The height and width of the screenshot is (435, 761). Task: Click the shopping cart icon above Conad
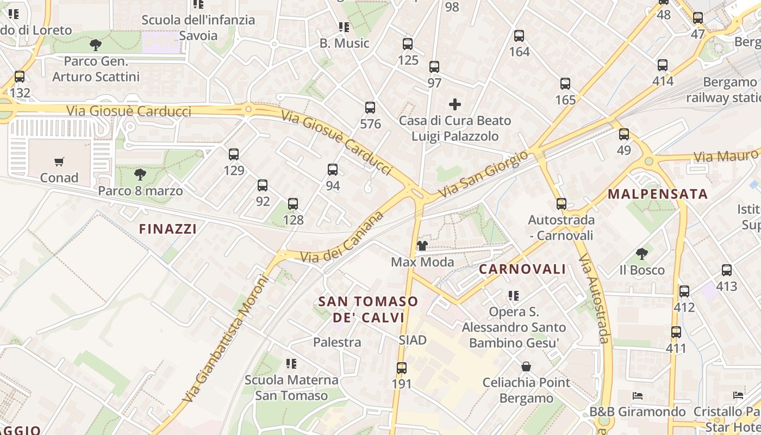coord(59,161)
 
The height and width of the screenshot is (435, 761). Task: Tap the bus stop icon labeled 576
coord(370,108)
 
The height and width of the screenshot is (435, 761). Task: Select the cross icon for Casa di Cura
coord(455,104)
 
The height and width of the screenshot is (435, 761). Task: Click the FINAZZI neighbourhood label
coord(168,229)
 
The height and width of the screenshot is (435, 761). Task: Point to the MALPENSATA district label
coord(658,194)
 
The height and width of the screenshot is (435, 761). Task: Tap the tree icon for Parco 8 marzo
coord(140,175)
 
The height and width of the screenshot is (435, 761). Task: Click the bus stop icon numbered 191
coord(402,368)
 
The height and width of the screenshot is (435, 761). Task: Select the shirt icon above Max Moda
coord(422,246)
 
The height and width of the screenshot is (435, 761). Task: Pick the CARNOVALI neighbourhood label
coord(522,269)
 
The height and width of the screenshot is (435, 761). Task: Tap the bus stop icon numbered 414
coord(663,65)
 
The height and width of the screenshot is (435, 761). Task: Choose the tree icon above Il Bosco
coord(642,253)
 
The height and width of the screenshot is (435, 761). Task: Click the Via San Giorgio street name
coord(483,174)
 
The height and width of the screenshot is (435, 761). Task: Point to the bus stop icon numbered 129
coord(234,154)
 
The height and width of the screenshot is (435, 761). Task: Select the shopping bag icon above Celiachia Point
coord(526,366)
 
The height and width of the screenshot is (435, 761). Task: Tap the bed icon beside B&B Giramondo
coord(638,395)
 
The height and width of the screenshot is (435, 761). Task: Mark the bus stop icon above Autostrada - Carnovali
coord(562,204)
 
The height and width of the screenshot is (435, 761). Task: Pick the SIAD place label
coord(413,340)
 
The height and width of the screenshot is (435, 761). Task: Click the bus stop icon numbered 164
coord(519,36)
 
